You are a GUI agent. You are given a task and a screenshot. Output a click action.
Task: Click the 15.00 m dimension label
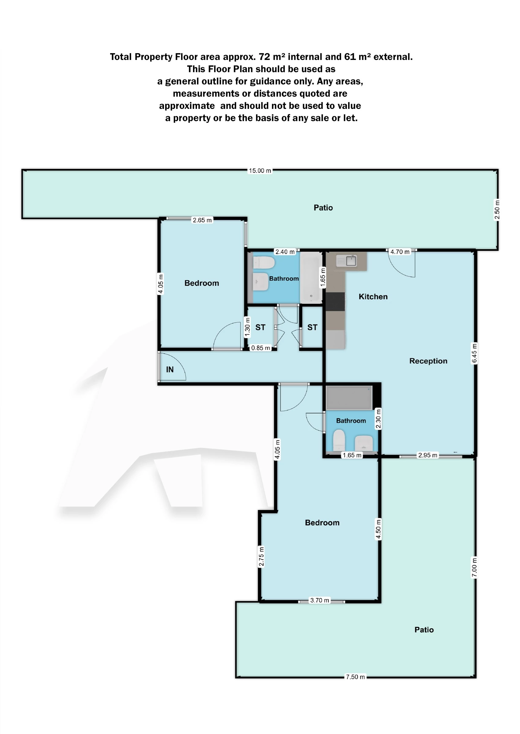(260, 171)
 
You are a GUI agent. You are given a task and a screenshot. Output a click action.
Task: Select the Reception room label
(428, 361)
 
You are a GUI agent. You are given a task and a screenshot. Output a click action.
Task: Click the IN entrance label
(170, 369)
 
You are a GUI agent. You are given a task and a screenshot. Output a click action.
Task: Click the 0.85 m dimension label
(260, 348)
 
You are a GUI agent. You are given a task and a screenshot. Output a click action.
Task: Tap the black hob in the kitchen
(335, 301)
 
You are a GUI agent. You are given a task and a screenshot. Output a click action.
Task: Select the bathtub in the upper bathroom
(310, 277)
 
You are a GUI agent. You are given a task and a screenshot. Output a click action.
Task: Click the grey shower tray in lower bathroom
(349, 398)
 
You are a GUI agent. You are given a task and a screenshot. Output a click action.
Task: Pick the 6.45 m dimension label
(474, 353)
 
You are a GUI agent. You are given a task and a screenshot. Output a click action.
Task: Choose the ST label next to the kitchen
(312, 327)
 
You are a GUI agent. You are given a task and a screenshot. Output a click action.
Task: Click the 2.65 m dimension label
(202, 220)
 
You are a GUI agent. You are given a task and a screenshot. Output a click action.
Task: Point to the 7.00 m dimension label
(474, 567)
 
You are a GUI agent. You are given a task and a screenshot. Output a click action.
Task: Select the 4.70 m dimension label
(399, 252)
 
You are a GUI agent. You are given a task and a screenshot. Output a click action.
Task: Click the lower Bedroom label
(322, 523)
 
